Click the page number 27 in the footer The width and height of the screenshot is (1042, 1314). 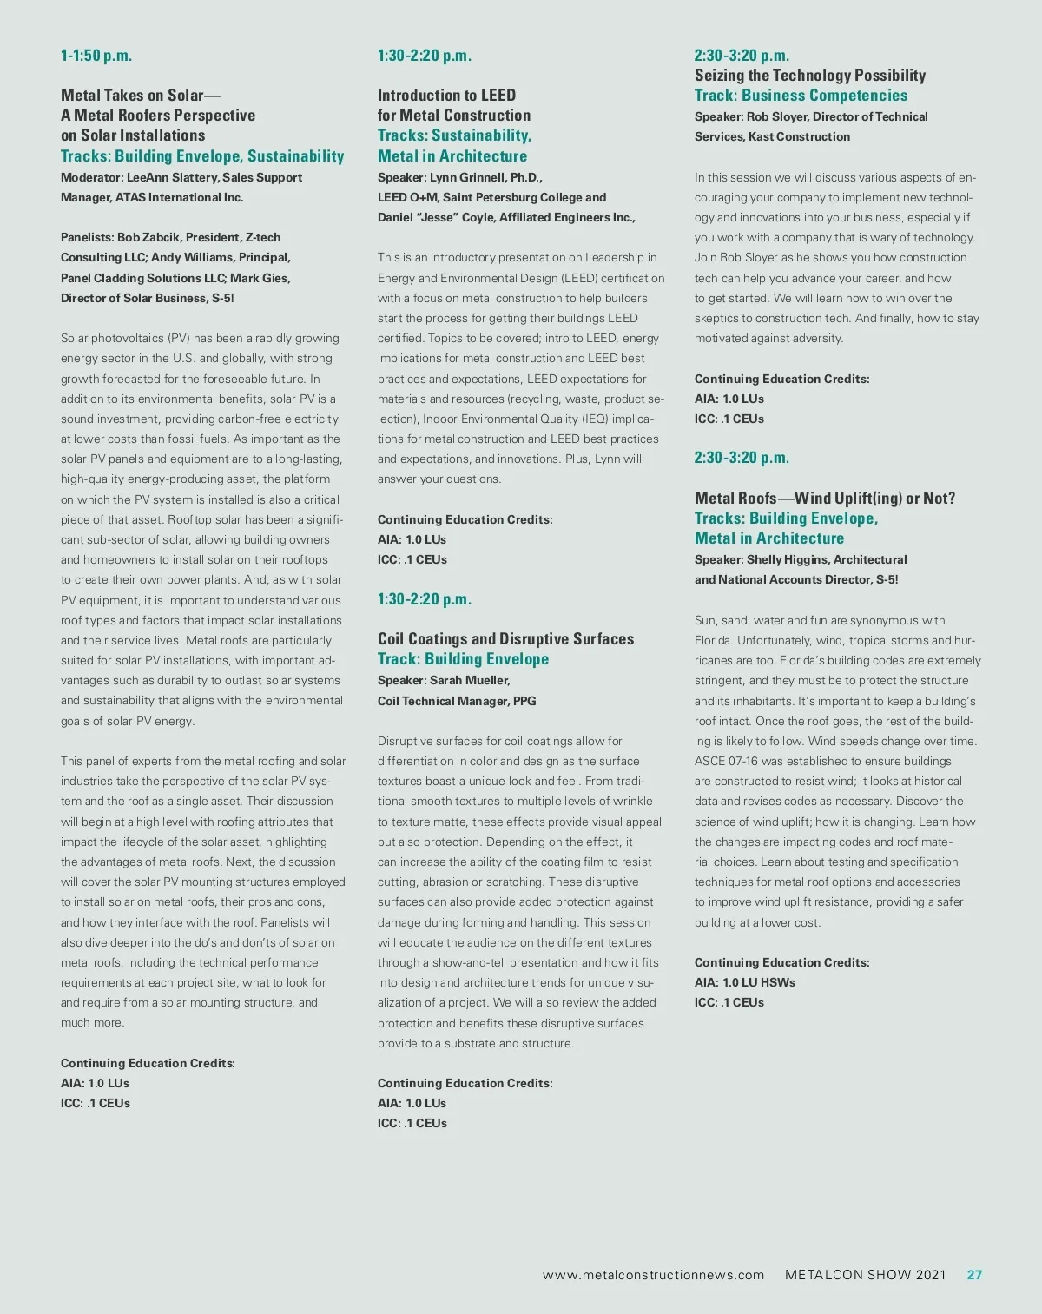[x=974, y=1275]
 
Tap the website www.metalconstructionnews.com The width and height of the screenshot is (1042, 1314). [x=653, y=1275]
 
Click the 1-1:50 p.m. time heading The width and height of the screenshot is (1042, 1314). [x=96, y=56]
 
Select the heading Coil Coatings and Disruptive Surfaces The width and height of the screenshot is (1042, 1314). [x=505, y=639]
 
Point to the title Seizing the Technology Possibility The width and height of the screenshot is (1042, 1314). [x=809, y=76]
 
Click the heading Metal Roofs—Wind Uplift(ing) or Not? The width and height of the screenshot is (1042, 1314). [x=824, y=499]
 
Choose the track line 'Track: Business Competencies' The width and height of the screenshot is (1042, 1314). [x=801, y=96]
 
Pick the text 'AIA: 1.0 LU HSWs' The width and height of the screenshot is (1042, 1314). [x=744, y=982]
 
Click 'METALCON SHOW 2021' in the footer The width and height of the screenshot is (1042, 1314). [x=865, y=1275]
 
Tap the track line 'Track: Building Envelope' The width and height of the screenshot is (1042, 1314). [x=463, y=659]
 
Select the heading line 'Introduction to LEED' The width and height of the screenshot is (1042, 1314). [x=446, y=96]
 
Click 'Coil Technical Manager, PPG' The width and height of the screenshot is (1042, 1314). [x=457, y=701]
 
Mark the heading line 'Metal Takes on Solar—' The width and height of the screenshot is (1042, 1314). [x=141, y=96]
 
